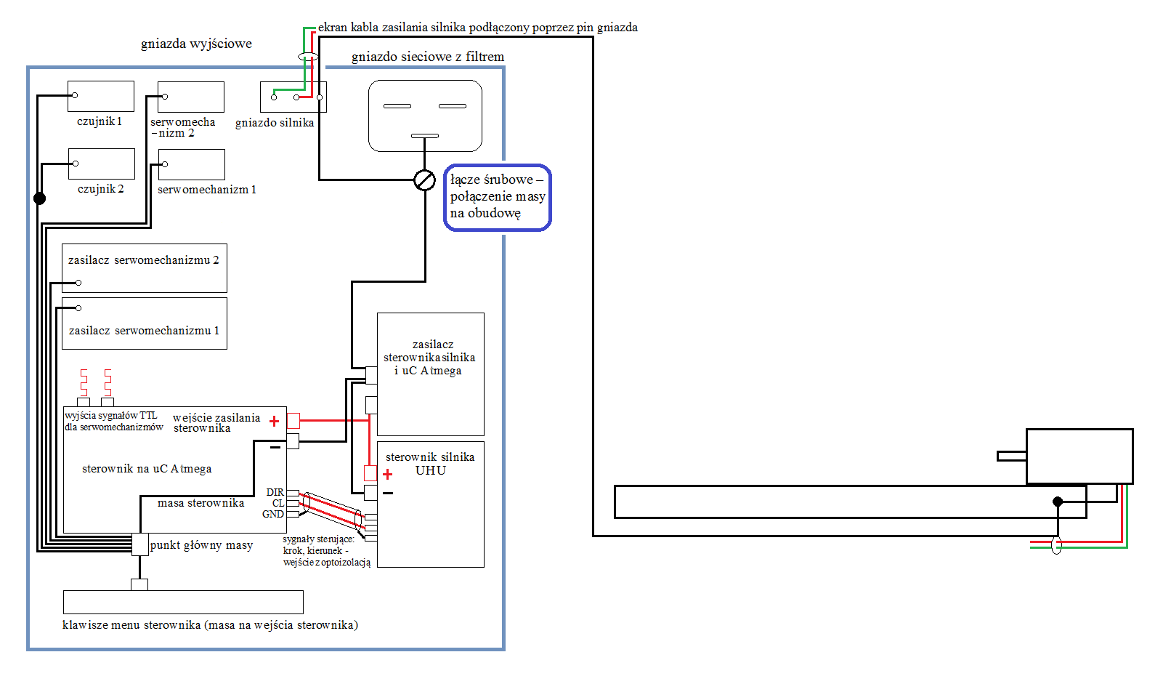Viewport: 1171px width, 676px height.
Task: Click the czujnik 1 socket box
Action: click(x=101, y=96)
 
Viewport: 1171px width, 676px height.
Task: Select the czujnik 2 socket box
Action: click(x=102, y=164)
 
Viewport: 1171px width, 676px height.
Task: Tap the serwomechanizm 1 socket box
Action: click(x=191, y=164)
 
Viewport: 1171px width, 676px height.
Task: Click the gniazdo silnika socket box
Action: click(x=293, y=97)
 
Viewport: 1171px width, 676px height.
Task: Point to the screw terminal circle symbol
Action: click(x=424, y=180)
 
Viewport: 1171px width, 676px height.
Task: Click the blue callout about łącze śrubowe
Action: click(x=498, y=197)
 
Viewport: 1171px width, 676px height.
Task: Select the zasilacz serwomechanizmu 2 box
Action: click(x=145, y=268)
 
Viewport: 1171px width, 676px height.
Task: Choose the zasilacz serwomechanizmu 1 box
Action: click(x=145, y=323)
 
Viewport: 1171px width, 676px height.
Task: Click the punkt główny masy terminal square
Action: click(x=139, y=544)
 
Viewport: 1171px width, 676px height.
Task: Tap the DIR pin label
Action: click(x=275, y=492)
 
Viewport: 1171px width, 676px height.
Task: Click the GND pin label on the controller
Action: click(x=273, y=515)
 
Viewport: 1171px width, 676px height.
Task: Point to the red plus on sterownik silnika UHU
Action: click(x=387, y=475)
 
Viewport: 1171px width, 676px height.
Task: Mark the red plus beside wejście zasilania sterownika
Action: click(x=274, y=421)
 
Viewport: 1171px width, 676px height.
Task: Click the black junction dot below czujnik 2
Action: click(x=40, y=198)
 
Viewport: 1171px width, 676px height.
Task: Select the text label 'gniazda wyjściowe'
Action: click(x=196, y=44)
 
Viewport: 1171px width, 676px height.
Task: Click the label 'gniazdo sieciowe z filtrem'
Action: click(x=428, y=57)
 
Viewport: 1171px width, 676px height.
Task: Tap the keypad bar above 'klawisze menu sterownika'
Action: click(x=183, y=603)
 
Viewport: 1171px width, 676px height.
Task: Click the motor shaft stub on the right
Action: click(x=1012, y=456)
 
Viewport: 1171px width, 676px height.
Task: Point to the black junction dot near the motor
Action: click(x=1058, y=502)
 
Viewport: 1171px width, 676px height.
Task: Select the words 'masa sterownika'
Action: click(x=200, y=503)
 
